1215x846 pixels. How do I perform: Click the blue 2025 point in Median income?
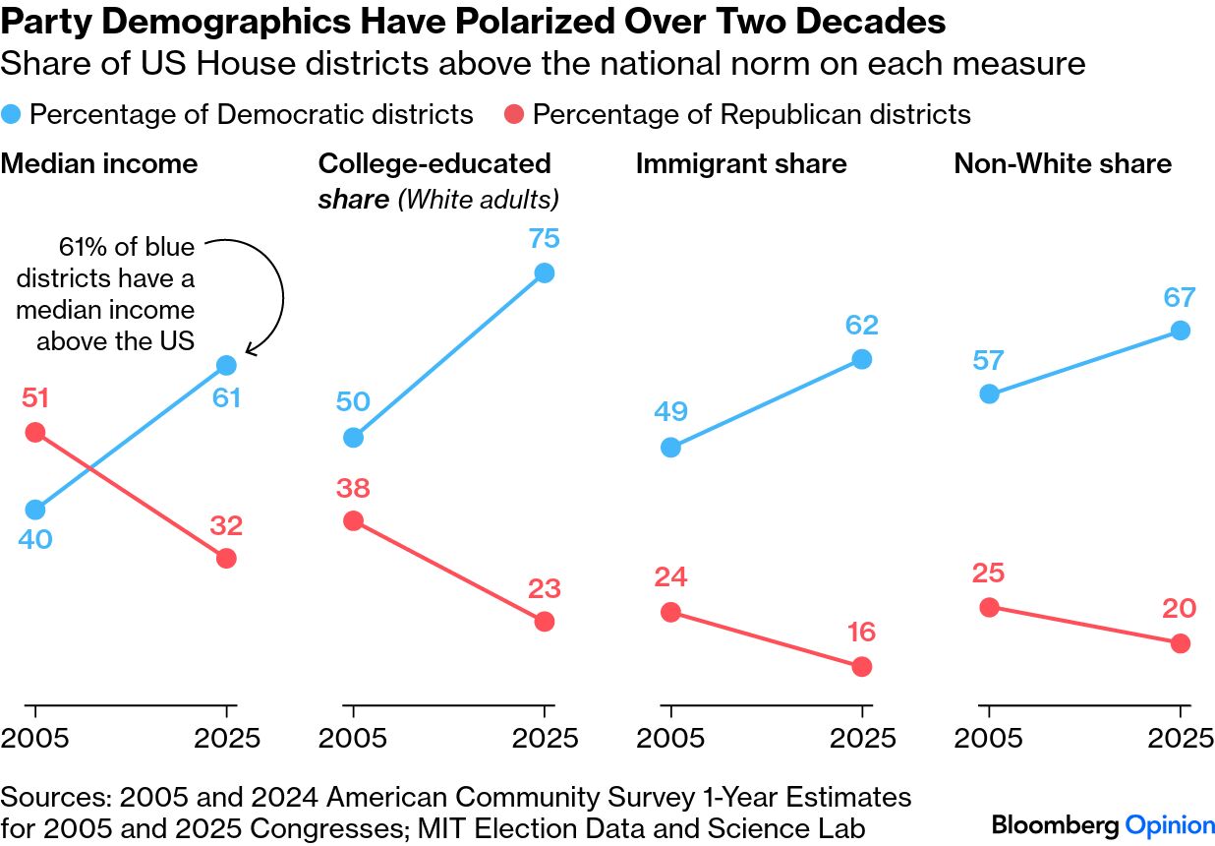(226, 365)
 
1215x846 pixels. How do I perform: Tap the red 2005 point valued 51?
(35, 432)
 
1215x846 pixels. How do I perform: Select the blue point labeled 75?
(545, 273)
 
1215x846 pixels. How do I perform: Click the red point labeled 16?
(862, 666)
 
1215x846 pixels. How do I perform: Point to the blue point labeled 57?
(990, 393)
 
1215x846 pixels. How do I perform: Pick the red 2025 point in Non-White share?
(1181, 643)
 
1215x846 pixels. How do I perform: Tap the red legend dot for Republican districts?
(515, 115)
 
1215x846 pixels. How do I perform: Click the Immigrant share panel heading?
(741, 163)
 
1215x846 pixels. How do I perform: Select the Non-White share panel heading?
(1062, 163)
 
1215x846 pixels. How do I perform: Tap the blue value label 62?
(860, 326)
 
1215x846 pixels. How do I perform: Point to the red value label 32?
(225, 526)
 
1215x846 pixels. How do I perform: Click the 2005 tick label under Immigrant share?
(670, 738)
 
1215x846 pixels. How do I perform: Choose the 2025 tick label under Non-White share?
(1180, 738)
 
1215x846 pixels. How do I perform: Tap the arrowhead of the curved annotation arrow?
(249, 349)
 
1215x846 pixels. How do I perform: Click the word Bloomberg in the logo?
(1054, 824)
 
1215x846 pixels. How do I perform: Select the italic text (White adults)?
(478, 200)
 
